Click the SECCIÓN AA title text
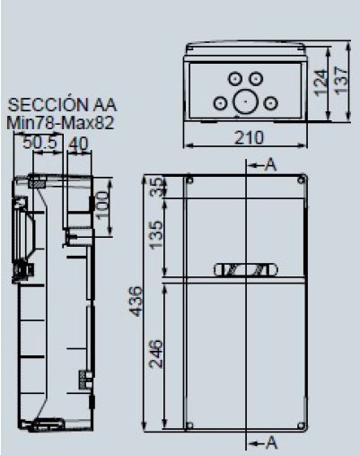click(60, 106)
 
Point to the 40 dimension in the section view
click(77, 143)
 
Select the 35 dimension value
click(158, 187)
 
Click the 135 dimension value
click(158, 236)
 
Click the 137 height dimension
click(342, 81)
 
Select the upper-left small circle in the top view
click(235, 79)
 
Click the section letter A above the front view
click(270, 165)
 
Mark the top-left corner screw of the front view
click(190, 179)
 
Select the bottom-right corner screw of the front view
click(300, 424)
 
